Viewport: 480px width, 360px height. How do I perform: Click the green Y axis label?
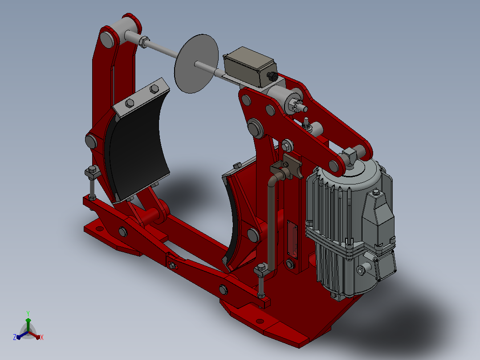point(28,313)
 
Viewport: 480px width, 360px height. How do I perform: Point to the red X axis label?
point(42,337)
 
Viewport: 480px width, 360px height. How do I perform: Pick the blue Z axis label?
point(15,337)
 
